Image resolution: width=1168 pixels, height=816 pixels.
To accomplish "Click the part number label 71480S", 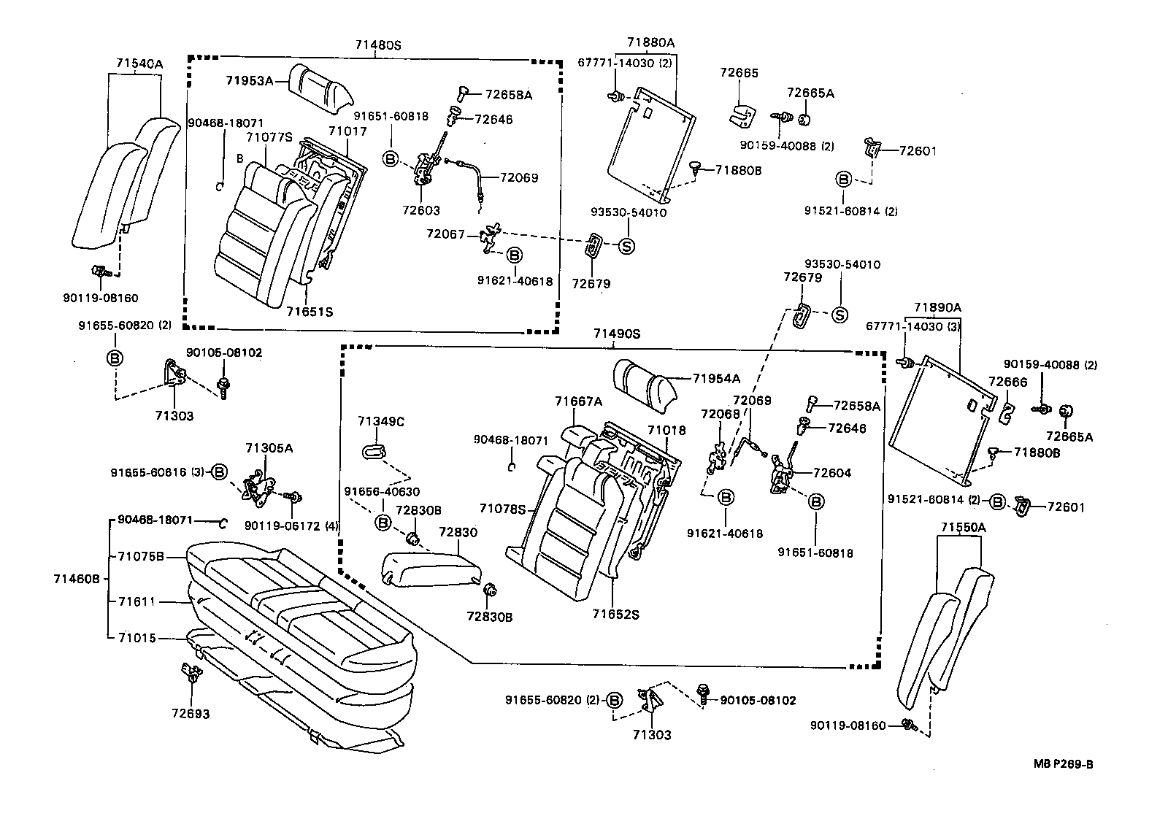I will [x=378, y=45].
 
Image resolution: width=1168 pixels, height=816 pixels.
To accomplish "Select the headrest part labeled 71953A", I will [x=320, y=88].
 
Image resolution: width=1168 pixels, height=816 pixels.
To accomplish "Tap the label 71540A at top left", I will [x=139, y=64].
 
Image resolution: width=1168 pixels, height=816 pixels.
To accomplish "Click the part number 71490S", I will [x=616, y=334].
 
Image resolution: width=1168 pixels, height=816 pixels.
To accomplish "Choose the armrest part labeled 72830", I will [x=428, y=566].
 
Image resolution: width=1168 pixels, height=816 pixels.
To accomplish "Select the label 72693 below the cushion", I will [x=191, y=713].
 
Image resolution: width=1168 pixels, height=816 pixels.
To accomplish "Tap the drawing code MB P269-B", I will [x=1063, y=764].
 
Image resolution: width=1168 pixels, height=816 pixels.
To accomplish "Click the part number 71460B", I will [x=76, y=579].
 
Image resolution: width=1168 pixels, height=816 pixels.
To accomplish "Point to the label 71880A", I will [x=651, y=43].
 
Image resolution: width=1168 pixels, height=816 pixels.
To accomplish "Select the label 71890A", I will [x=937, y=308].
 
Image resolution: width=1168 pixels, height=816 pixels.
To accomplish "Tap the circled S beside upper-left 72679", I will [x=627, y=246].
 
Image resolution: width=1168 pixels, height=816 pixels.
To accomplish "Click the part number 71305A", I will [x=269, y=448].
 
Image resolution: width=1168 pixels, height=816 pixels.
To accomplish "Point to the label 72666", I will [x=1007, y=382].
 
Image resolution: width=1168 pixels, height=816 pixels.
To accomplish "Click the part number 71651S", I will [x=310, y=312].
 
